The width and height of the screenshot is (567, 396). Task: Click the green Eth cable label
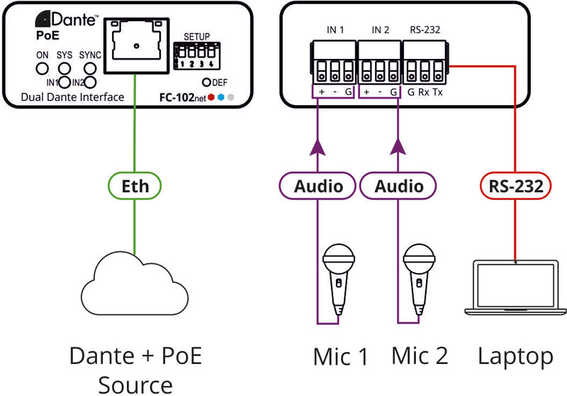[x=135, y=187]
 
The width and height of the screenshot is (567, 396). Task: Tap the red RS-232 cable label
[x=515, y=187]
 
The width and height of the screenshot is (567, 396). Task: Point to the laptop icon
[x=515, y=287]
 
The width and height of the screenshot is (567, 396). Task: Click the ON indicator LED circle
[x=43, y=70]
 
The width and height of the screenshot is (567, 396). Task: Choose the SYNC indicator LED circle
[x=89, y=70]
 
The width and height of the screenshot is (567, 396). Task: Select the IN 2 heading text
[x=381, y=30]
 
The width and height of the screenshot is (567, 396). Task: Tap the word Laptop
[x=515, y=356]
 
